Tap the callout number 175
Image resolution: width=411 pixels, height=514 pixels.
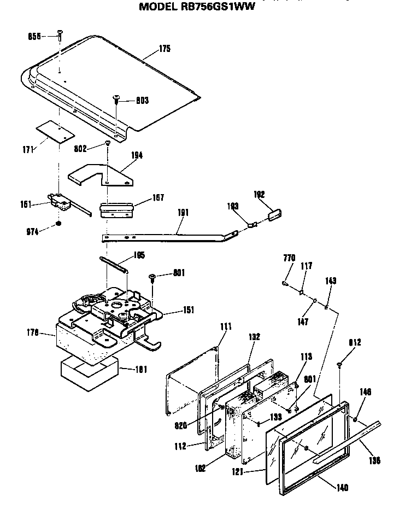[165, 49]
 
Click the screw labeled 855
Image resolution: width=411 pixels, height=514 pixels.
[58, 37]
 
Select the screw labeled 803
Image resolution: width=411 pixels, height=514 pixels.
[116, 98]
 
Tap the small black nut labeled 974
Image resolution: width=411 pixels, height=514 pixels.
[58, 224]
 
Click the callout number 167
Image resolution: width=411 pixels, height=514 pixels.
[158, 197]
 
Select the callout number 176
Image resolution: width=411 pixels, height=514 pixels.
[32, 332]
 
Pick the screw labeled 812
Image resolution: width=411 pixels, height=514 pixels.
[339, 364]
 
